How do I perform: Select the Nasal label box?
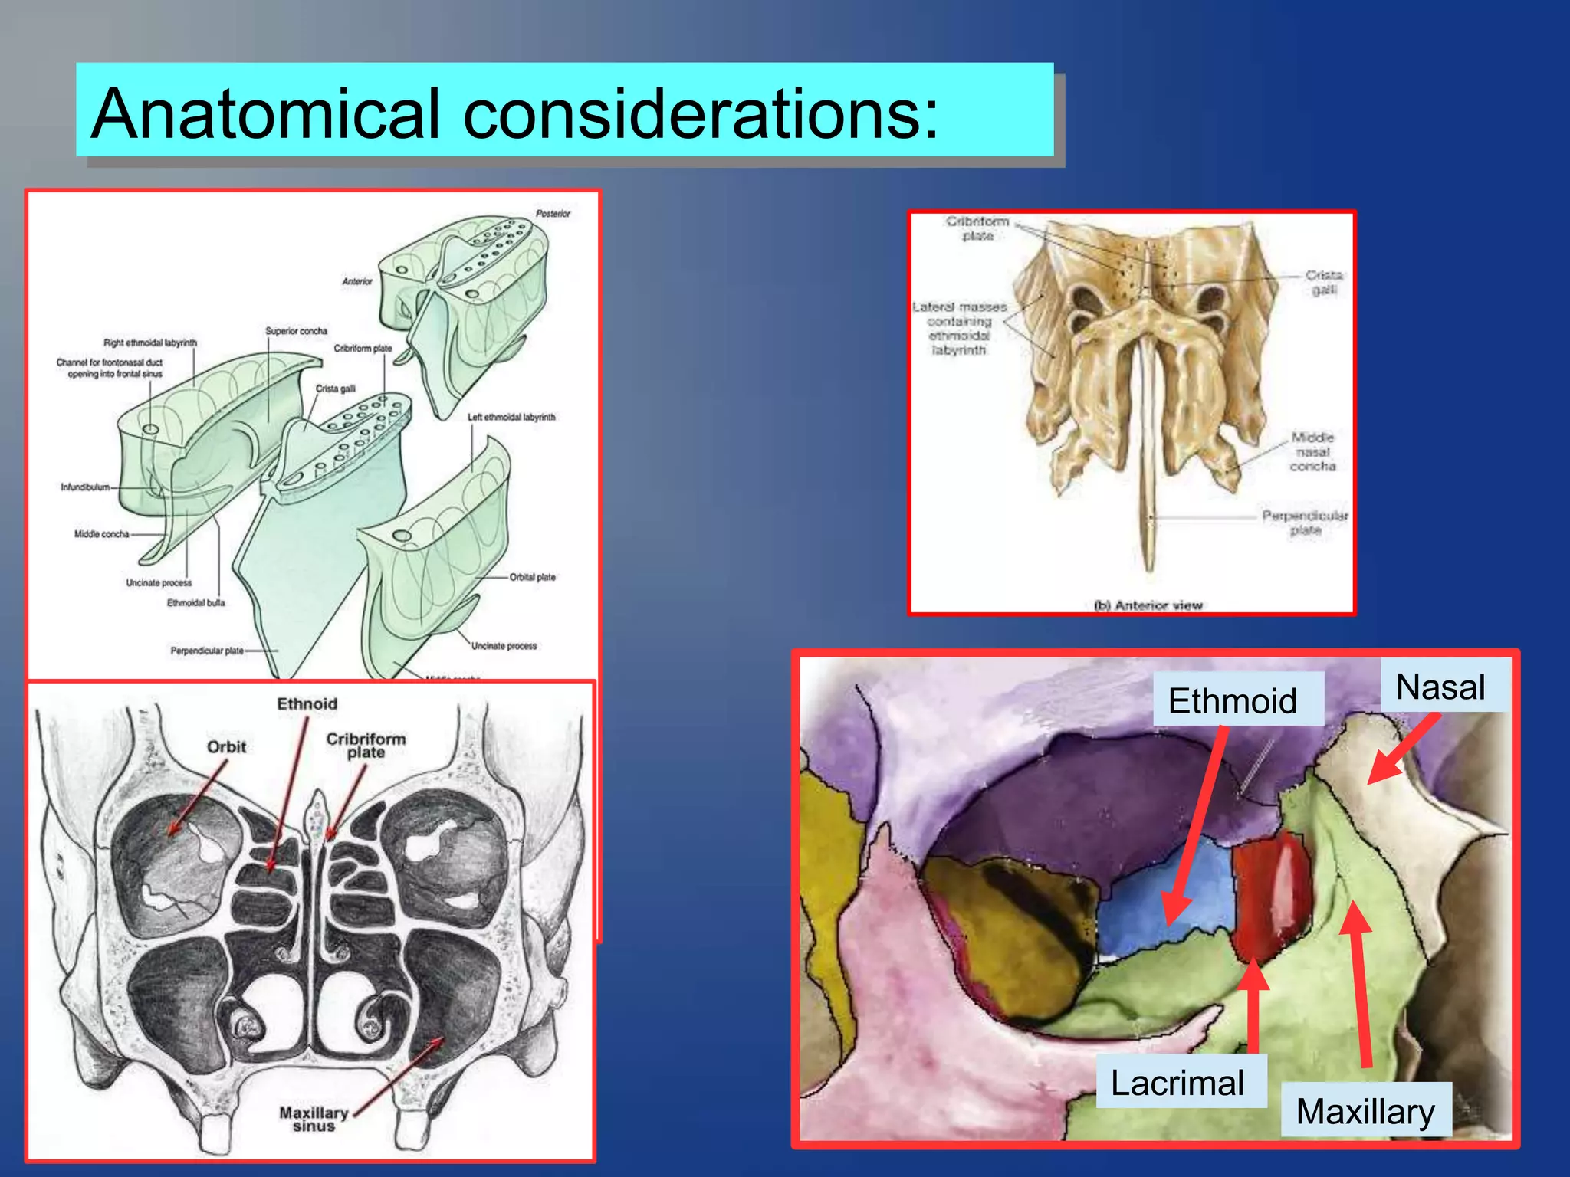pyautogui.click(x=1441, y=686)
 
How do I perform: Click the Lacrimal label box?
pyautogui.click(x=1179, y=1082)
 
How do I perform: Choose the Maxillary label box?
pyautogui.click(x=1366, y=1110)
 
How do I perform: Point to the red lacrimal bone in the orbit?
pyautogui.click(x=1269, y=893)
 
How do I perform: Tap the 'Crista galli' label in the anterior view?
pyautogui.click(x=1324, y=282)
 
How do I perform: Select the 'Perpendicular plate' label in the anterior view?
pyautogui.click(x=1305, y=523)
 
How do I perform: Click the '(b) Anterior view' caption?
pyautogui.click(x=1148, y=605)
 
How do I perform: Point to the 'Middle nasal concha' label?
pyautogui.click(x=1312, y=451)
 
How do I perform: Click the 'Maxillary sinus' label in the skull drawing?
pyautogui.click(x=314, y=1119)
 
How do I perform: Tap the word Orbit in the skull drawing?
pyautogui.click(x=226, y=746)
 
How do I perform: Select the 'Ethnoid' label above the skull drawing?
pyautogui.click(x=307, y=703)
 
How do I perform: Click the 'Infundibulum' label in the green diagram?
pyautogui.click(x=85, y=487)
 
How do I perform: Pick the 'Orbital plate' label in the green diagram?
pyautogui.click(x=533, y=577)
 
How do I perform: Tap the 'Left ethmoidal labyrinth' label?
pyautogui.click(x=511, y=417)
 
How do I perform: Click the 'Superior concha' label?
pyautogui.click(x=296, y=331)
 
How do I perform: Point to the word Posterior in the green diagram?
pyautogui.click(x=553, y=214)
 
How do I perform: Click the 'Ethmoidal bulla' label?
pyautogui.click(x=196, y=603)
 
